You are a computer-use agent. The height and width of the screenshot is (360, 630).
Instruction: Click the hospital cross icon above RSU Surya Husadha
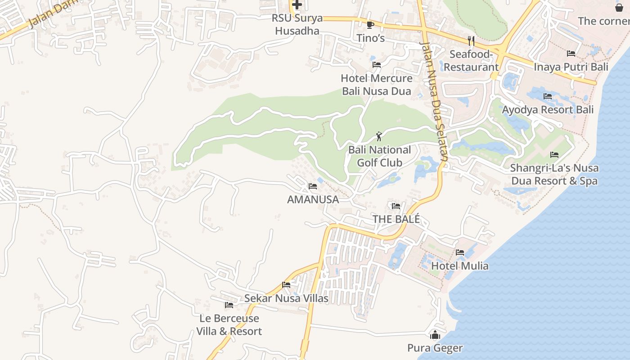[297, 5]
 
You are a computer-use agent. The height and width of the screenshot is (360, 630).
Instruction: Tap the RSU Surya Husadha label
[297, 24]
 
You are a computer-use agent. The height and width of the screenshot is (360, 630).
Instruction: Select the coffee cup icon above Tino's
[370, 25]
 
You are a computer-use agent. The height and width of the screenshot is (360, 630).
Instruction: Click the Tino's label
[371, 38]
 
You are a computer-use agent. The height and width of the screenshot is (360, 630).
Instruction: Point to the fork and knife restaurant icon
[471, 41]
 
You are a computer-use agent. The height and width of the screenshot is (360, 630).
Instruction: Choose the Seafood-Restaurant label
[471, 61]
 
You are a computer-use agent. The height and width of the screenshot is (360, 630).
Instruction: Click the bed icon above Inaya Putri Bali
[571, 54]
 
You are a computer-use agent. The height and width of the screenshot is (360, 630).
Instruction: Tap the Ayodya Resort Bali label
[548, 110]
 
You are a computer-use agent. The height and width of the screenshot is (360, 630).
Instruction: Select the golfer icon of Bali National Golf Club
[379, 136]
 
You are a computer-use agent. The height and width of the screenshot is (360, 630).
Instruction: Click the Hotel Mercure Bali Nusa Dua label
[377, 85]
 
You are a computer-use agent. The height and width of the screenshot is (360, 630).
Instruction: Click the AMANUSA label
[313, 199]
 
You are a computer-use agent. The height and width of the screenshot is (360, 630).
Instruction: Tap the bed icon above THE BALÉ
[396, 206]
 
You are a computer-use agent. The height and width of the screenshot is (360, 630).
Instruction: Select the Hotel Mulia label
[459, 266]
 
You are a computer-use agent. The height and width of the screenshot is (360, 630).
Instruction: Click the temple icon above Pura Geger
[435, 335]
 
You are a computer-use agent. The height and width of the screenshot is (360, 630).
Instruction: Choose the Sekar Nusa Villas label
[286, 298]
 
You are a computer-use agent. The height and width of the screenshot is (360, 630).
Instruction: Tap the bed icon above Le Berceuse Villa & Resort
[229, 305]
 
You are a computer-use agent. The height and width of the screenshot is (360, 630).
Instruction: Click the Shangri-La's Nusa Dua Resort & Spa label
[554, 175]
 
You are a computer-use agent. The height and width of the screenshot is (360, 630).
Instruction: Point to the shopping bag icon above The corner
[619, 7]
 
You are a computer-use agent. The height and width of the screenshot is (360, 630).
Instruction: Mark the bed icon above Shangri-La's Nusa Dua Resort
[554, 155]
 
